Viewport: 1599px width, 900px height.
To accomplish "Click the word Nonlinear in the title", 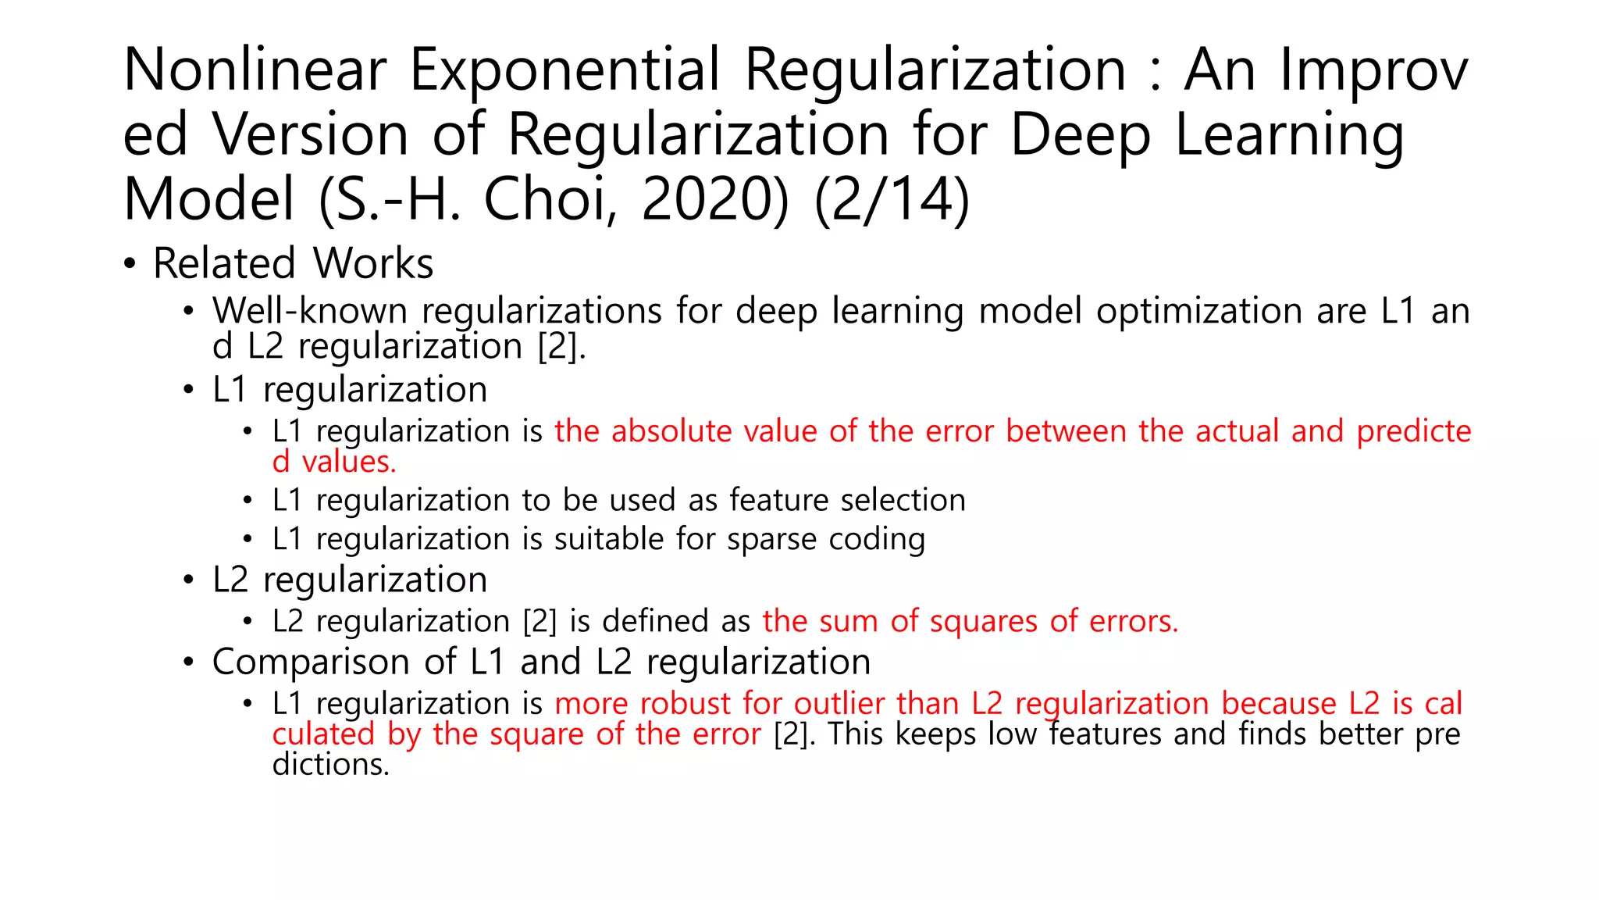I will point(255,70).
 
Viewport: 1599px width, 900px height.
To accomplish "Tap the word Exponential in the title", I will point(564,70).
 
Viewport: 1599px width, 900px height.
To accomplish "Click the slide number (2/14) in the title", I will point(892,200).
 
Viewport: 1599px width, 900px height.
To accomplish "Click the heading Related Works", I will point(293,263).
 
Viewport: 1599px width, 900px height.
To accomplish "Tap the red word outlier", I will point(839,704).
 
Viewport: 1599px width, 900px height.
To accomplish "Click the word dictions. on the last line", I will point(330,765).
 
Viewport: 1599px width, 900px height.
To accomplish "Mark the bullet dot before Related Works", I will point(130,264).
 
